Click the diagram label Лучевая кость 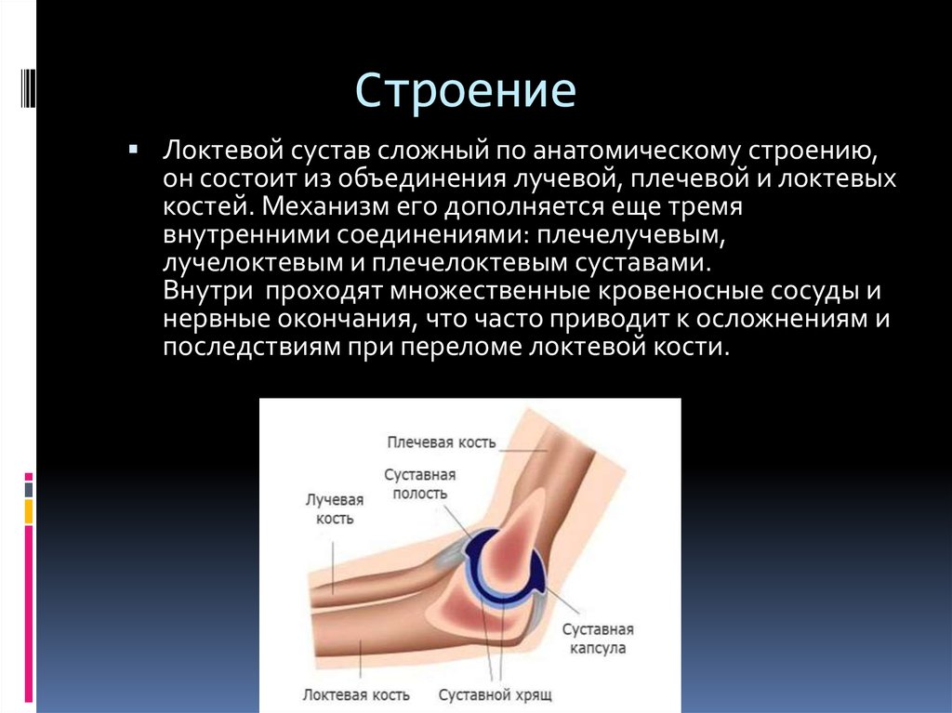(x=329, y=508)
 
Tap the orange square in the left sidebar (x=29, y=510)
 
